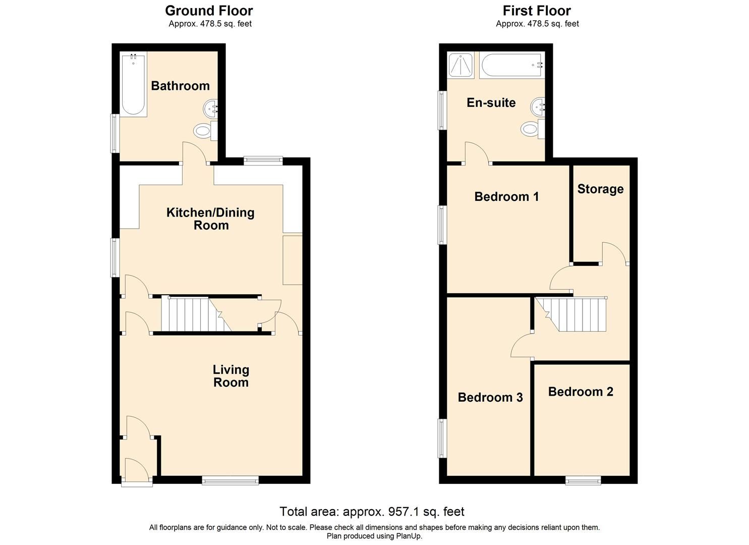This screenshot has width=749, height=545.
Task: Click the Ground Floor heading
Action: [x=209, y=11]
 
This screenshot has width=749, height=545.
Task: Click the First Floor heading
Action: [x=537, y=11]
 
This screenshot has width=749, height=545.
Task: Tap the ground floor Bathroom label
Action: [x=180, y=86]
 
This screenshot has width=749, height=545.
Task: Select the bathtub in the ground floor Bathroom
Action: [x=134, y=84]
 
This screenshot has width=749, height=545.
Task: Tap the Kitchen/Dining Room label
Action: [x=210, y=219]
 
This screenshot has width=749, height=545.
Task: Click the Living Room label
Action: [x=231, y=376]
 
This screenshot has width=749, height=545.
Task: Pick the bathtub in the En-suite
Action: [x=511, y=66]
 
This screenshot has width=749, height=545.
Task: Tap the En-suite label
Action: [x=491, y=103]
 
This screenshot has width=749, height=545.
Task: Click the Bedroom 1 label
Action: [x=506, y=197]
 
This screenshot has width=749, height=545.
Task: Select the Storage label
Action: [x=600, y=189]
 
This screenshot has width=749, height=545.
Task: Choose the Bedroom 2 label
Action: [x=581, y=392]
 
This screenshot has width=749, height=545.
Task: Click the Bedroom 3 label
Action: [x=490, y=398]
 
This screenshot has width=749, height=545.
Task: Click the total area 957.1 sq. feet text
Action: [x=372, y=512]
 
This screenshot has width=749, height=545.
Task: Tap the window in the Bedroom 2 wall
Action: [x=583, y=480]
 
